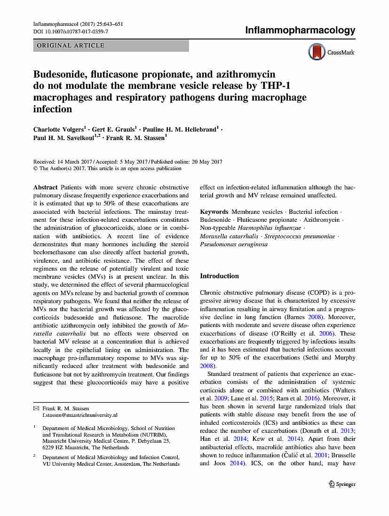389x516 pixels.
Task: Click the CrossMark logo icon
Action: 317,52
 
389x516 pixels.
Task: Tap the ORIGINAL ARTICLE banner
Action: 111,46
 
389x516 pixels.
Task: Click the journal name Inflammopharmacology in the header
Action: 300,31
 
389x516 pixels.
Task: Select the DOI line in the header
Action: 71,31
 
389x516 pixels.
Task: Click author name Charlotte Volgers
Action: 60,129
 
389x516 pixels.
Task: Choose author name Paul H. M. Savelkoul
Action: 65,138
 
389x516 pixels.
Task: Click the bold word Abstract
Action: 46,188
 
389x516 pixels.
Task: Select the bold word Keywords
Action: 214,212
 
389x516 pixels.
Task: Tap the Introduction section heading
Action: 219,276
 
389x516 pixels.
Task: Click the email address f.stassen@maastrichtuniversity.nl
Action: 80,415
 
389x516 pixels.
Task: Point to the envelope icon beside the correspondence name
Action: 36,408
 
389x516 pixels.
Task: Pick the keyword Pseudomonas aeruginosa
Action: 234,245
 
